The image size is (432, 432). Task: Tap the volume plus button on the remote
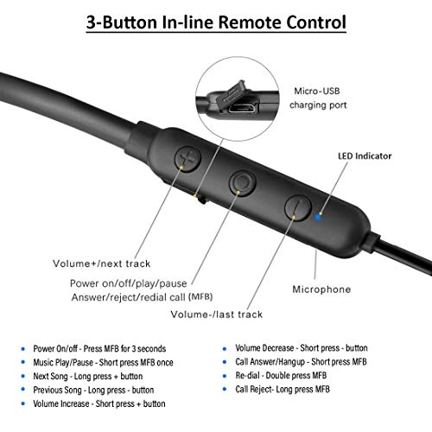pyautogui.click(x=187, y=158)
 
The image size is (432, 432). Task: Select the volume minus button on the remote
pyautogui.click(x=298, y=207)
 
